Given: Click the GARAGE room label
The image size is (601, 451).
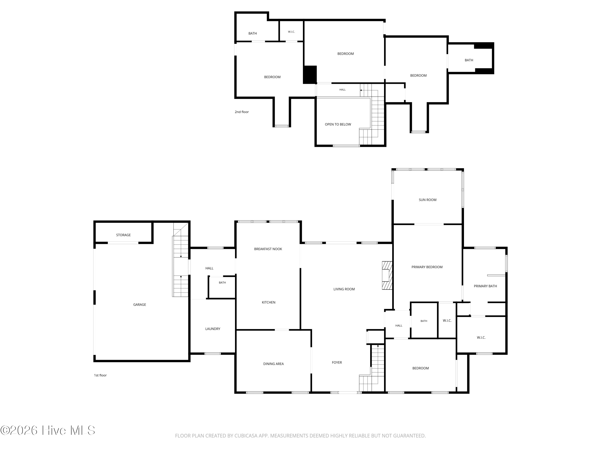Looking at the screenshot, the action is (140, 305).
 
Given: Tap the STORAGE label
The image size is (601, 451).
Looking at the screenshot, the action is (123, 235).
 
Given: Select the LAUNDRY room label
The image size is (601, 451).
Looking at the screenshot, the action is (213, 329).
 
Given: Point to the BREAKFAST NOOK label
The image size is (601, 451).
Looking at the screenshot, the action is (268, 249).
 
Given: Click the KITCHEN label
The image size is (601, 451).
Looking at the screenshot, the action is (269, 302).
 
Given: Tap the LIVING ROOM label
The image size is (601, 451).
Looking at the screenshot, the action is (344, 289).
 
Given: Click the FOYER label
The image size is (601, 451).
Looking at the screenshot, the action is (337, 363).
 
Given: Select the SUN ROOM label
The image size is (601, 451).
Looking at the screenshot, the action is (428, 200).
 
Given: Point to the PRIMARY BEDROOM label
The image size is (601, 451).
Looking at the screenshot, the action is (427, 267).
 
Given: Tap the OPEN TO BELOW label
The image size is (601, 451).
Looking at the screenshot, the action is (338, 124).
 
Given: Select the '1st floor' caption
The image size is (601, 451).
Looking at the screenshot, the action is (100, 375).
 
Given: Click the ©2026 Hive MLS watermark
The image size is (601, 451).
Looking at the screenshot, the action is (48, 430).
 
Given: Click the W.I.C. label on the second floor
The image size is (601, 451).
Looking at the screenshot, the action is (291, 32).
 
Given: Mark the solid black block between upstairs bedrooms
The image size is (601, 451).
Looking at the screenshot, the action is (310, 75).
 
